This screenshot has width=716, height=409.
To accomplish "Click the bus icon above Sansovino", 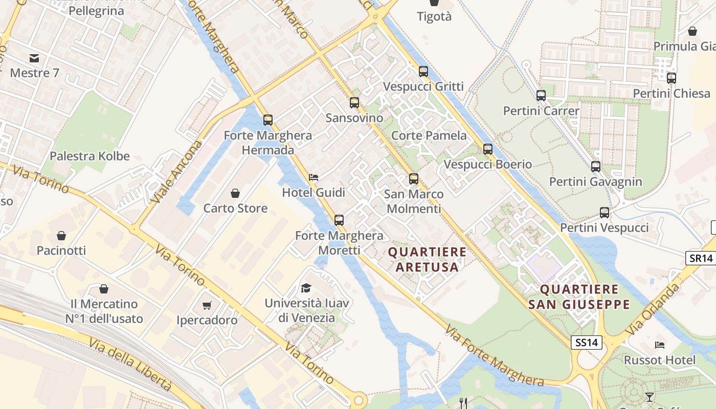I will coord(354,103).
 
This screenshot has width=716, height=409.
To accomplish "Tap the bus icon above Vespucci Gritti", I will coord(423,72).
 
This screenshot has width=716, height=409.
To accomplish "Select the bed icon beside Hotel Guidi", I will coord(314,177).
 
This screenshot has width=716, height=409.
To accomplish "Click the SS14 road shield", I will coord(586,343).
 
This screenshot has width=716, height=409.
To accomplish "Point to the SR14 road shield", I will coord(700,258).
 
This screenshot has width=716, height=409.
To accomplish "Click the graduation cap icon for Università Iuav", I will coord(306,288).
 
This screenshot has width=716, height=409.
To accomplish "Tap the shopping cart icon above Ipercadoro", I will coord(207,305).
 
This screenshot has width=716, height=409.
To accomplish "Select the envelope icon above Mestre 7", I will coord(34,58).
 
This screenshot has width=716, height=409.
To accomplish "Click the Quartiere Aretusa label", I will coord(427,259).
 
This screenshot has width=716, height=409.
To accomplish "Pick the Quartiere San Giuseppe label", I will coord(579,297).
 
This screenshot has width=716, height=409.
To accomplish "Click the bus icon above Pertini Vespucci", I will coord(605,213).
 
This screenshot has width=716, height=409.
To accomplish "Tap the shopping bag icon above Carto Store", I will coord(235,193).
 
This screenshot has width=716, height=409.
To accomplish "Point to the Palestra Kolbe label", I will coord(89,156).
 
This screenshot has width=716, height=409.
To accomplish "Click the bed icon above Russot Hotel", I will coord(660,345).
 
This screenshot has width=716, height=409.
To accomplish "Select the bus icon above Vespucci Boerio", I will coord(488,149).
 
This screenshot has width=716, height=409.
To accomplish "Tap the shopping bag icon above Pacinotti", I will coord(61,236).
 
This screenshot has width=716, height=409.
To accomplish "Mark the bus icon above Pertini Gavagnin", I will coord(595,167).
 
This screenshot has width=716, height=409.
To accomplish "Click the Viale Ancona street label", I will coord(171,172).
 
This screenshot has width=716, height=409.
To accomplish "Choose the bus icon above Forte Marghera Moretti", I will coord(339,220).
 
